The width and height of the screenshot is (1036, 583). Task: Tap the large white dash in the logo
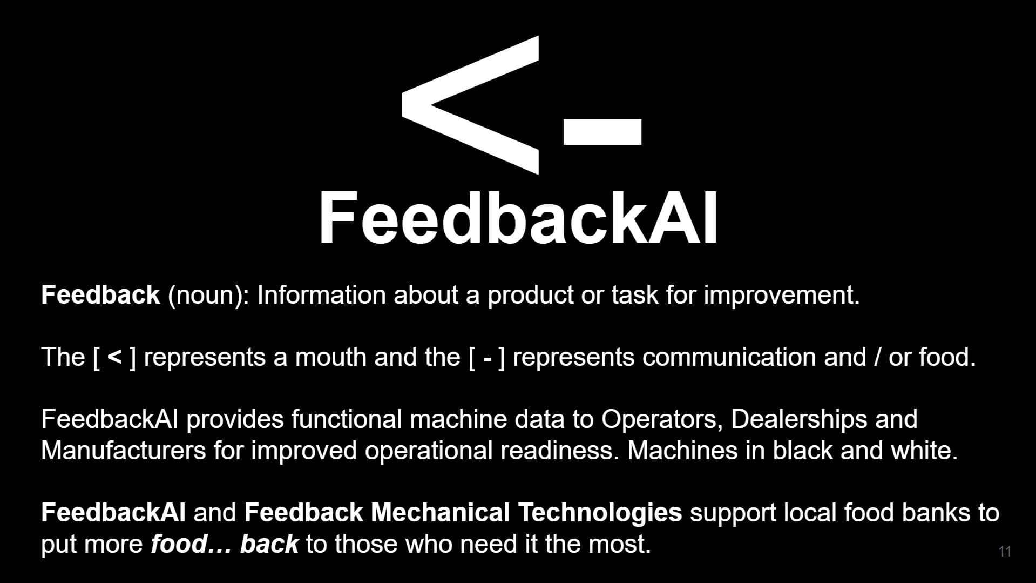tap(602, 132)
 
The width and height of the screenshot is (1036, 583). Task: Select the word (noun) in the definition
tap(208, 296)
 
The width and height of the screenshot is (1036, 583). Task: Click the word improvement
tap(781, 296)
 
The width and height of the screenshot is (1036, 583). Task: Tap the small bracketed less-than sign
tap(114, 357)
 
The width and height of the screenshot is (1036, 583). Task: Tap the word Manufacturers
tap(123, 451)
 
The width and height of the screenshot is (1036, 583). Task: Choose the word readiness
tap(559, 451)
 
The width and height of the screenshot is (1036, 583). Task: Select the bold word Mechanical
tap(440, 513)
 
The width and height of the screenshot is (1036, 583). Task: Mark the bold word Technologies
tap(600, 513)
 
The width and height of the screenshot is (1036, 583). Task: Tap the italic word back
tap(269, 544)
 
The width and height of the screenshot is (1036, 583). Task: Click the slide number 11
tap(1005, 551)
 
